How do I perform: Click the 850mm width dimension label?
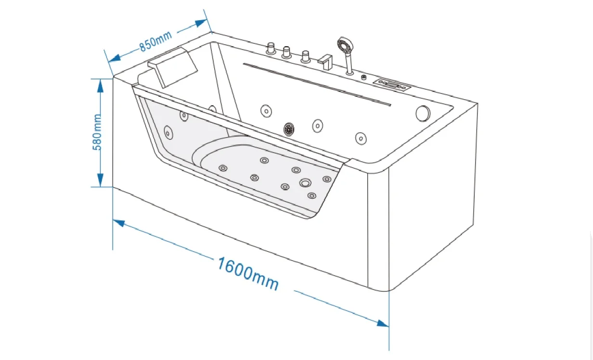click(x=155, y=41)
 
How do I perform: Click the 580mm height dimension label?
click(x=97, y=132)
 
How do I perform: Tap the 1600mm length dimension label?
click(x=248, y=274)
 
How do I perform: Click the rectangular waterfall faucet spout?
click(x=325, y=62)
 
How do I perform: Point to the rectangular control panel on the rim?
click(x=392, y=85)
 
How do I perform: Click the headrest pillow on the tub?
click(x=173, y=67)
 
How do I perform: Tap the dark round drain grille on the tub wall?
click(x=289, y=129)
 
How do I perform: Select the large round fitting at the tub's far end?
click(x=423, y=114)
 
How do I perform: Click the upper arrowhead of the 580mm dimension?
click(x=100, y=86)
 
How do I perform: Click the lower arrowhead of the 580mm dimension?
click(x=100, y=180)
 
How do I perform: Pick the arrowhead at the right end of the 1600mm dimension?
click(x=383, y=323)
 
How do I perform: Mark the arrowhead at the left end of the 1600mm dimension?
click(x=119, y=223)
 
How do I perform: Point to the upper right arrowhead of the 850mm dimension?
click(x=201, y=23)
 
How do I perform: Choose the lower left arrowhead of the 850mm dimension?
click(x=115, y=58)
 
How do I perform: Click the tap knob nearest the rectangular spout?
click(x=306, y=57)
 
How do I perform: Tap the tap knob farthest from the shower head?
click(x=271, y=49)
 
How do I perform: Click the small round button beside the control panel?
click(x=364, y=77)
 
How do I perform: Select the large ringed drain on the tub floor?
click(x=305, y=183)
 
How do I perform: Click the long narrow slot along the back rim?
click(x=317, y=84)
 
